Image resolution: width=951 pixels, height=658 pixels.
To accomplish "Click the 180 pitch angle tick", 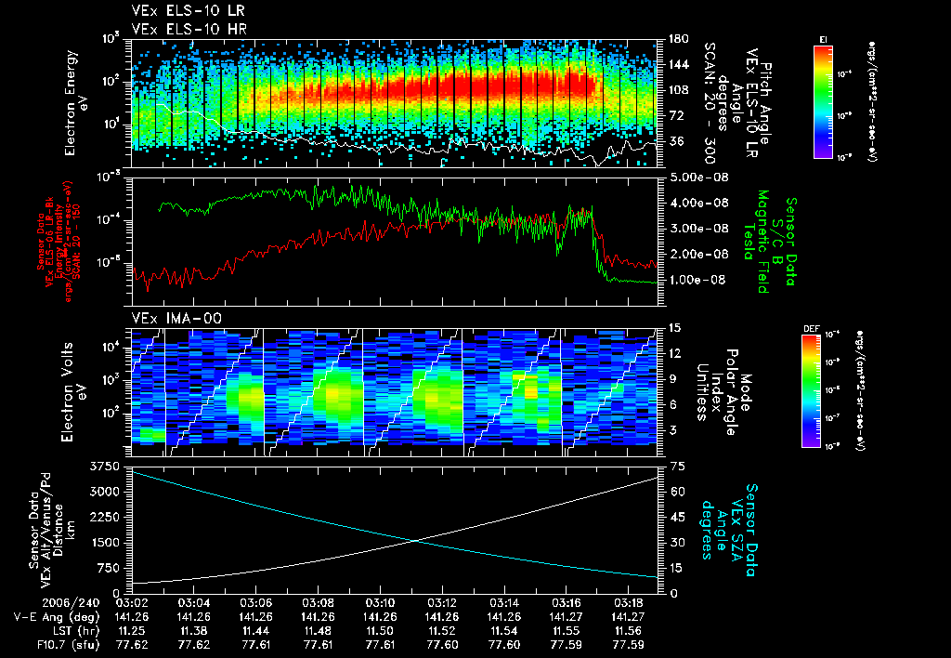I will tap(671, 39).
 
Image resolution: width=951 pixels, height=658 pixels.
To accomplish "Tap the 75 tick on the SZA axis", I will tap(667, 465).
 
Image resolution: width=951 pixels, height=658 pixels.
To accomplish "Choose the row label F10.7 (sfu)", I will tap(43, 643).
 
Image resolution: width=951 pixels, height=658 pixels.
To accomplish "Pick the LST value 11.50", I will tap(380, 629).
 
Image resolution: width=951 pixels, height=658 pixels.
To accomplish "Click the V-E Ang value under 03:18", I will tap(629, 616).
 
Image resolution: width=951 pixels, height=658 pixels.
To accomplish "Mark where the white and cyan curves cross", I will tap(420, 541).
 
